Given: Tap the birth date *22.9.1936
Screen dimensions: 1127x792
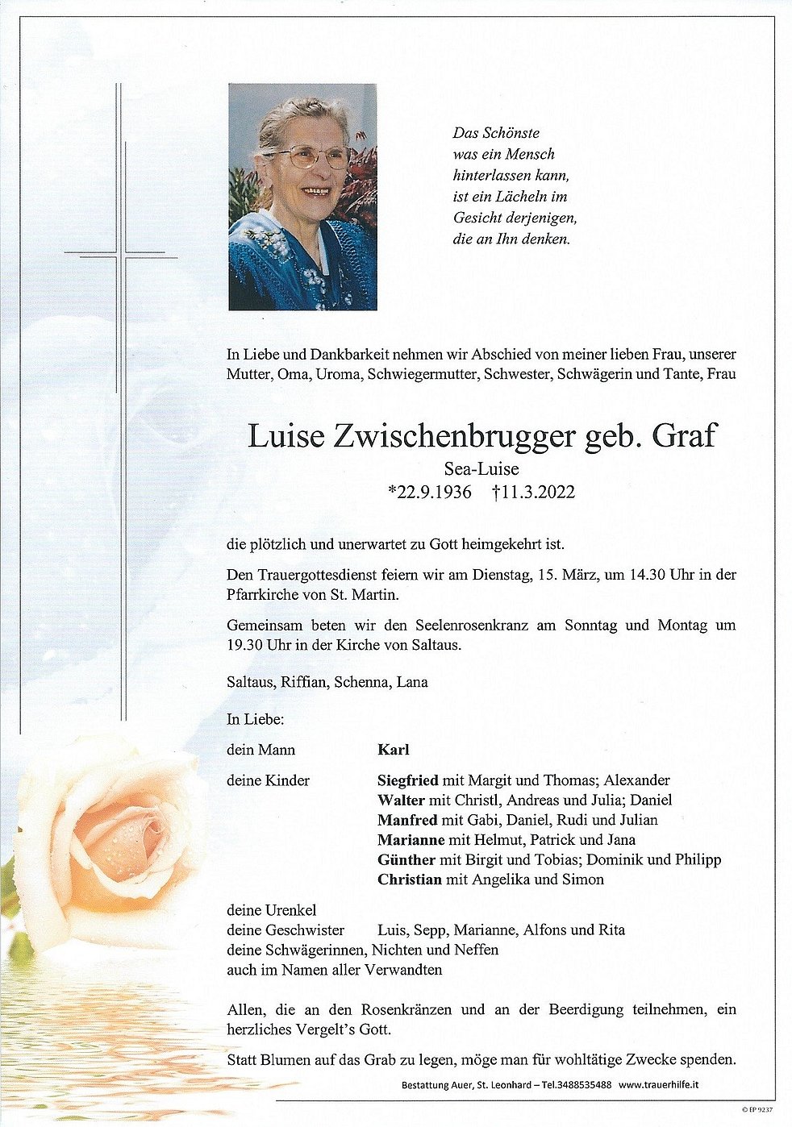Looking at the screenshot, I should click(x=429, y=492).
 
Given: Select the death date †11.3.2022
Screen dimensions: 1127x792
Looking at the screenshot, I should click(x=533, y=492).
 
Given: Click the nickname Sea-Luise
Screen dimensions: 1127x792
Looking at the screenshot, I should click(x=481, y=469).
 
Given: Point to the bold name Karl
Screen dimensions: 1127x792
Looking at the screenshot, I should click(x=394, y=750).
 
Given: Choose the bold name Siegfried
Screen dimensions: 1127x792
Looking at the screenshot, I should click(x=408, y=780).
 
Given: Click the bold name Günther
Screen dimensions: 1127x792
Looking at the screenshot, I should click(x=406, y=859).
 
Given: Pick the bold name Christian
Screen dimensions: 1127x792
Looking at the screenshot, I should click(x=410, y=880).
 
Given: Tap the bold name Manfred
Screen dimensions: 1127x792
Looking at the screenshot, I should click(x=407, y=820).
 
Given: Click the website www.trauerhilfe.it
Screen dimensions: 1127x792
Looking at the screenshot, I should click(x=659, y=1084).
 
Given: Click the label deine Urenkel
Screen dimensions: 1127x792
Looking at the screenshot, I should click(x=272, y=910).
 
